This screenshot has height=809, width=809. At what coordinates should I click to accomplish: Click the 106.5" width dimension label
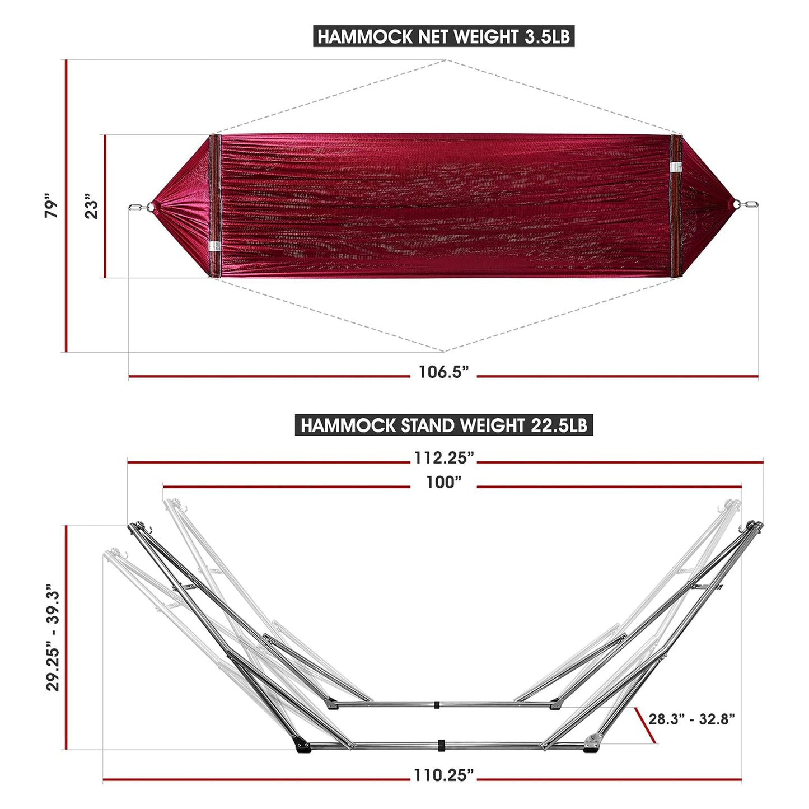point(443,372)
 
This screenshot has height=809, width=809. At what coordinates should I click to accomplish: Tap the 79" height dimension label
point(52,206)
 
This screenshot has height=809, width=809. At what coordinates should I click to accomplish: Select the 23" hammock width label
point(91,206)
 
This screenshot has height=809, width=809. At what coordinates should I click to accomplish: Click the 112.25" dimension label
point(443,458)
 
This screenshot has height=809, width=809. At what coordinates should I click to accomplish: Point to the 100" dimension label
point(443,482)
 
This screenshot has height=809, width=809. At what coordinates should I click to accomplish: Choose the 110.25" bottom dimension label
point(443,775)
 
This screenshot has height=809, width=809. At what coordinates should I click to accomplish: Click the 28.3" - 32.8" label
point(692,719)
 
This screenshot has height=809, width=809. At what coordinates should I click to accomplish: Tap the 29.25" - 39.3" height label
point(53,637)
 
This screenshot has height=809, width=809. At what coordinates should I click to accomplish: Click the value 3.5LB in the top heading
point(547,37)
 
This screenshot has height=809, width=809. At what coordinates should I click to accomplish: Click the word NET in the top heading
point(429,37)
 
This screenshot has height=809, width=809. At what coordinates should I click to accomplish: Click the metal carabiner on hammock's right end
point(749,205)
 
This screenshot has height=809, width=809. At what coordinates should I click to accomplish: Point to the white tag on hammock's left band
point(214,246)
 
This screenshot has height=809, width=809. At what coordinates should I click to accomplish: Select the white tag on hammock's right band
point(676,167)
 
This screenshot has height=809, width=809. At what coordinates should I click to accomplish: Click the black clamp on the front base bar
point(441,745)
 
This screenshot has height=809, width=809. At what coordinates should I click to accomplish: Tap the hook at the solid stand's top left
point(149,527)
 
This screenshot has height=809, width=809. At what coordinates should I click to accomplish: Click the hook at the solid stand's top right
point(742,528)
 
